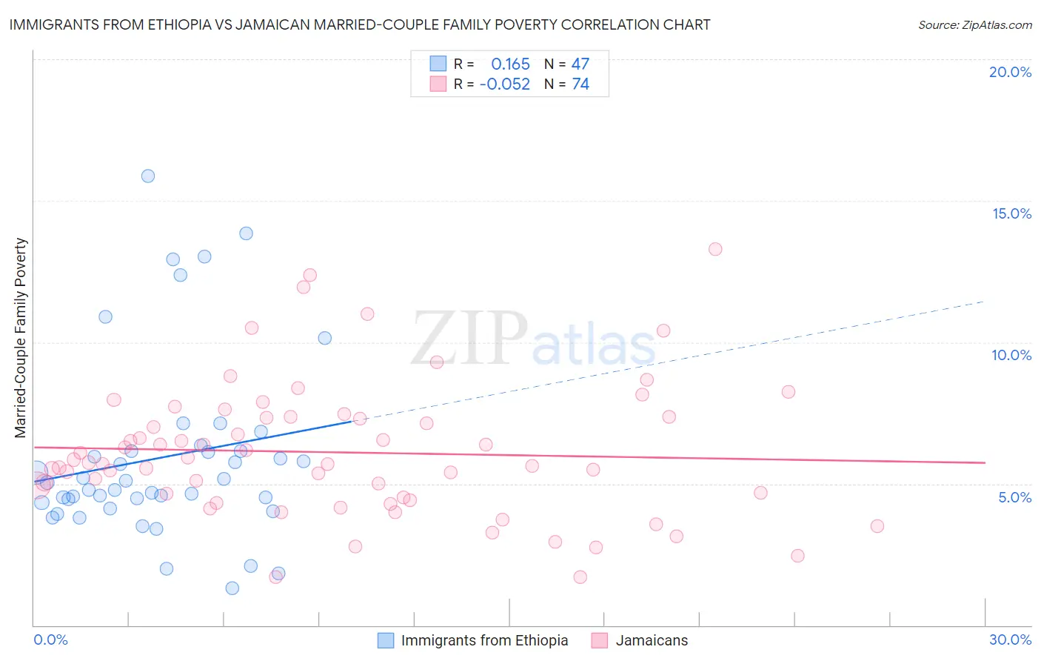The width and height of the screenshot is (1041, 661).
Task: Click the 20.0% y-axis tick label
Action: click(x=1010, y=72)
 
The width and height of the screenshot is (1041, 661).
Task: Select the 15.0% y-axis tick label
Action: click(x=1011, y=213)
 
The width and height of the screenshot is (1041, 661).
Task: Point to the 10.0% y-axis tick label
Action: click(x=1011, y=355)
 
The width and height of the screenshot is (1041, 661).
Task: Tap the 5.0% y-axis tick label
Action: click(x=1014, y=497)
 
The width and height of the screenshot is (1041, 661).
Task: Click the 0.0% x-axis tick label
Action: click(x=50, y=640)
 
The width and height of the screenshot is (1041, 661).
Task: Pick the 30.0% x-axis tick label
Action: click(x=1010, y=640)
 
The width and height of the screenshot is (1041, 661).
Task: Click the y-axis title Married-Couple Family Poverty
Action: click(x=21, y=338)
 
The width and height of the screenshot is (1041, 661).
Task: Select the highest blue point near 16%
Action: click(x=148, y=176)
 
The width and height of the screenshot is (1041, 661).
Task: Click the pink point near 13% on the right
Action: click(x=715, y=249)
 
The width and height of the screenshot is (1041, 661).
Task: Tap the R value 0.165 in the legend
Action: click(x=510, y=64)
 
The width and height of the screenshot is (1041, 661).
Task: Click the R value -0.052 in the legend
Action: click(x=505, y=84)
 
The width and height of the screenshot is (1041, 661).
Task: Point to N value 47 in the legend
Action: click(x=580, y=64)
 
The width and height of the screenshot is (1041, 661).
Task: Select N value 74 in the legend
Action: click(x=580, y=84)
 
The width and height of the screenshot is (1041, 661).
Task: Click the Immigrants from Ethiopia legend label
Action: click(x=484, y=640)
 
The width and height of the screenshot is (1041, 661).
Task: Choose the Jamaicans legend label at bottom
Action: click(x=652, y=640)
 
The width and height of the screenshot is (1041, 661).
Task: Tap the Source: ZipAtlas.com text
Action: click(x=974, y=25)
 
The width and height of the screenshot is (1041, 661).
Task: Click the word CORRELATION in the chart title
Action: click(x=609, y=25)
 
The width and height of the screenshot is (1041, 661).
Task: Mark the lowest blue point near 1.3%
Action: click(x=232, y=588)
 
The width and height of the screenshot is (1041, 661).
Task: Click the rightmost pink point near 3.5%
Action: click(x=877, y=526)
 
